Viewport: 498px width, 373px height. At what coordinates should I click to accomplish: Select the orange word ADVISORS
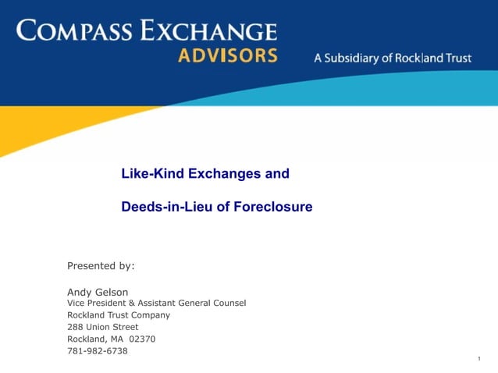227,56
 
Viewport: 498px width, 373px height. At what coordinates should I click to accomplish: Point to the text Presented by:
101,265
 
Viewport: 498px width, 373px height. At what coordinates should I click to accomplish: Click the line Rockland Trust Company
118,315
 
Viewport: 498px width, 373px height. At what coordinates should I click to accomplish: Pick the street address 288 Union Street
102,327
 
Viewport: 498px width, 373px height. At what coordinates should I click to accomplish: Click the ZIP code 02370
143,339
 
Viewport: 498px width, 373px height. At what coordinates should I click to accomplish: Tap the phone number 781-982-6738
98,351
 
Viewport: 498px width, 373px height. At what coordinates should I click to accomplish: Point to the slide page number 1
477,358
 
